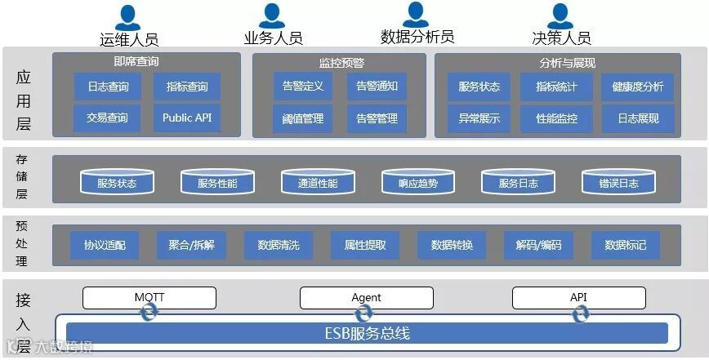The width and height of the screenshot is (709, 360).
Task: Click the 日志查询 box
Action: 107,87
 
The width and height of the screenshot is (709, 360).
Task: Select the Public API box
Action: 187,118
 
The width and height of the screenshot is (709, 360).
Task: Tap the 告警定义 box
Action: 303,87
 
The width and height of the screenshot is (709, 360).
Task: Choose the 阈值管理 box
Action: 303,119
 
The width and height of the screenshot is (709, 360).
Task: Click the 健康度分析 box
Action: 637,87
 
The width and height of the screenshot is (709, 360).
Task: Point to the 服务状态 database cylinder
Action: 117,183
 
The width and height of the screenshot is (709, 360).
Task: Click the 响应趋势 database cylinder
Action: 418,183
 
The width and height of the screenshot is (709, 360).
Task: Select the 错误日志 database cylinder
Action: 619,183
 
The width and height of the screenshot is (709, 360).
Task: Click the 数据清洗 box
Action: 279,245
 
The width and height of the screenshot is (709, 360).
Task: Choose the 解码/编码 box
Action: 539,245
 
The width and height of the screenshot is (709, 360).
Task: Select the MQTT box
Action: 149,297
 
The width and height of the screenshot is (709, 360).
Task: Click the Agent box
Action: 366,297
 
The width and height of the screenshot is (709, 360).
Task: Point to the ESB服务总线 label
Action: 362,333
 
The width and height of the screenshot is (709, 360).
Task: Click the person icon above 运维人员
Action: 127,16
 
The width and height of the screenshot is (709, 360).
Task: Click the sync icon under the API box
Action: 580,314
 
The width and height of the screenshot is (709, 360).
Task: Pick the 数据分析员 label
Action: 417,37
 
